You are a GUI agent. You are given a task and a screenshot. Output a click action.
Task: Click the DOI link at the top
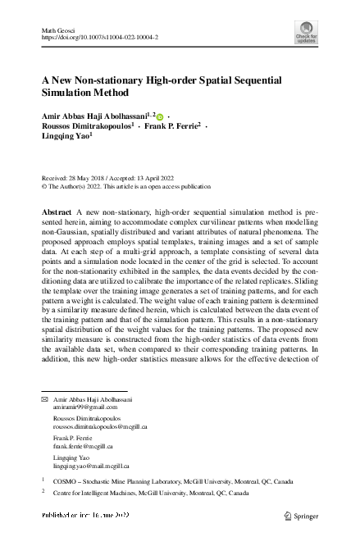[x=99, y=38]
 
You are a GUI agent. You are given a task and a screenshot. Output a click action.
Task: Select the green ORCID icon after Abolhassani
[x=160, y=117]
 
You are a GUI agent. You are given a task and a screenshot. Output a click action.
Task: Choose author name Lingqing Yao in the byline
[x=65, y=139]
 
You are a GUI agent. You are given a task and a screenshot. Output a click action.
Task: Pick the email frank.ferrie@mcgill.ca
[x=83, y=448]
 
